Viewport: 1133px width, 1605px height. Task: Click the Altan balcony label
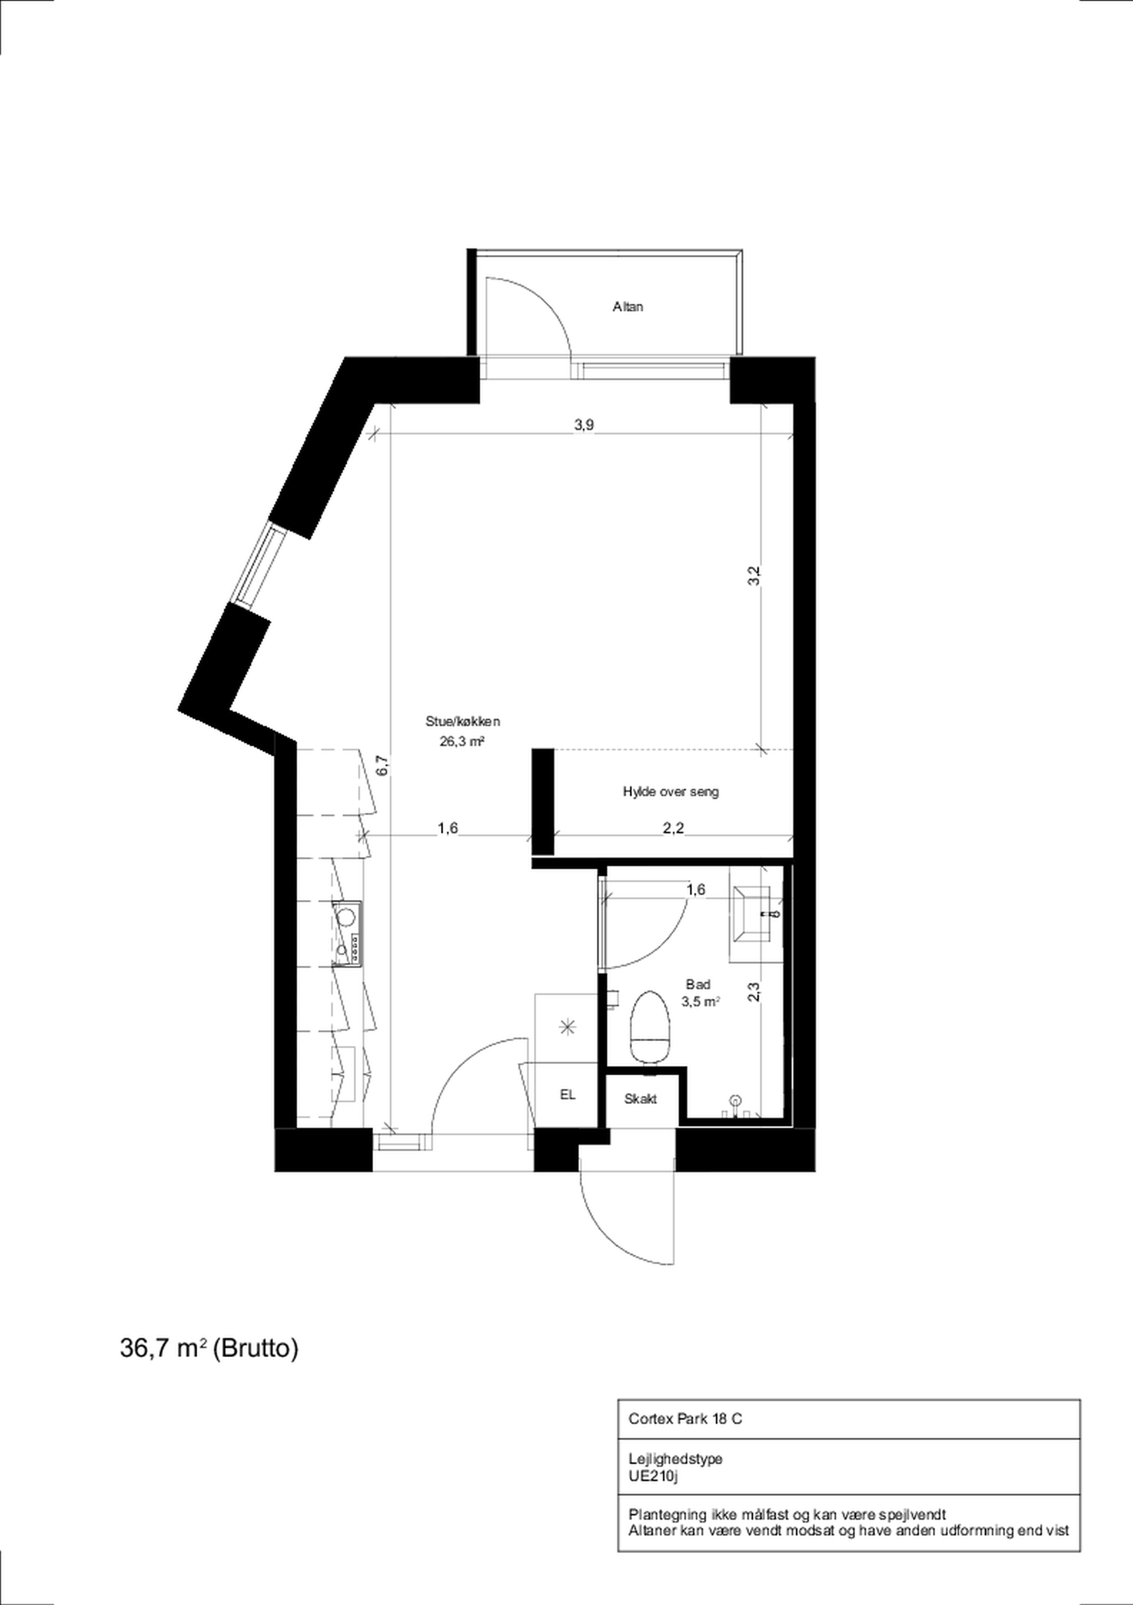click(x=628, y=306)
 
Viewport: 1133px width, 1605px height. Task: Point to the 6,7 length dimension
click(x=381, y=765)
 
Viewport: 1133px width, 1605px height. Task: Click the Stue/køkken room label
click(x=463, y=722)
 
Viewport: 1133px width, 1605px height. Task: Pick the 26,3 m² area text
click(x=462, y=742)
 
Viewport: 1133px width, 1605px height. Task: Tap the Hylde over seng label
click(x=671, y=792)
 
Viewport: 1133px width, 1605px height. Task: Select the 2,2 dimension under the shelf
click(x=673, y=828)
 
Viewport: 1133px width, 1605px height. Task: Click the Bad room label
click(x=698, y=984)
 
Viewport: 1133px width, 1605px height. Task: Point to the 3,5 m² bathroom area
click(x=701, y=1002)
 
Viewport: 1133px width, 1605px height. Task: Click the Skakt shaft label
click(x=640, y=1099)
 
